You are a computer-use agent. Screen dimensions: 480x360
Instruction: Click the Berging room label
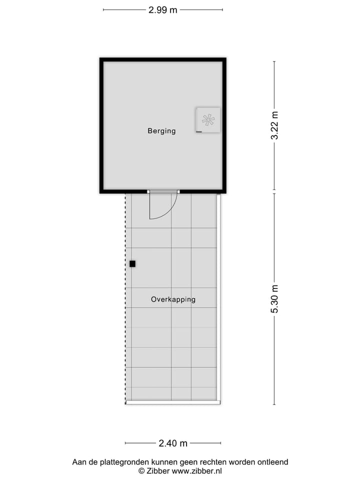click(161, 131)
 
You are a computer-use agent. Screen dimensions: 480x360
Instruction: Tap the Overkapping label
click(173, 299)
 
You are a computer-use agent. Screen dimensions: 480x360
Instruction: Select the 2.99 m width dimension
click(163, 9)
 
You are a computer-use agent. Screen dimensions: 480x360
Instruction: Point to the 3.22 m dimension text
click(274, 125)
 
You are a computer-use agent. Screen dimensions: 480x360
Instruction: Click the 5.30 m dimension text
click(274, 298)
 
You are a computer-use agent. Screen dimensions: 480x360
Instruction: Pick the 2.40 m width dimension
click(173, 443)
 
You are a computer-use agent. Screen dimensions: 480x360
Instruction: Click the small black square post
click(132, 263)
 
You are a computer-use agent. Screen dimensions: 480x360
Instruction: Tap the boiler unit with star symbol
click(208, 120)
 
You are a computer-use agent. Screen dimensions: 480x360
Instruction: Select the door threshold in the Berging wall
click(163, 191)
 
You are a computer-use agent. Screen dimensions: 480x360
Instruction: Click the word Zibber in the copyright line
click(158, 471)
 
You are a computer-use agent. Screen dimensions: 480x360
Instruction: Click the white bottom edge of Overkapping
click(173, 402)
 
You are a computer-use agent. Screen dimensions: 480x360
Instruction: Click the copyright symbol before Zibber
click(141, 471)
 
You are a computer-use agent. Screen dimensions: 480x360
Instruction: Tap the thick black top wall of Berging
click(163, 59)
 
